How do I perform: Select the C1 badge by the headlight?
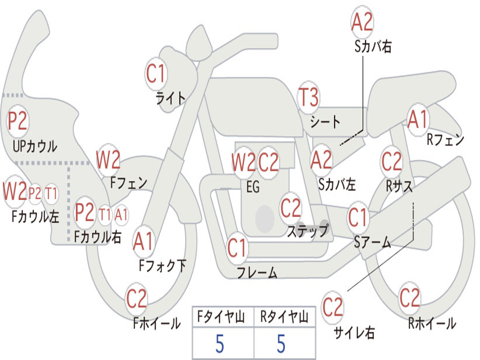pyautogui.click(x=157, y=74)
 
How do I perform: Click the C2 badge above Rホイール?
pyautogui.click(x=409, y=298)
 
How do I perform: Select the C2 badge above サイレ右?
pyautogui.click(x=333, y=307)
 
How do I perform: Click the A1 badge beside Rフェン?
pyautogui.click(x=418, y=120)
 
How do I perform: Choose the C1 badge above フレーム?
pyautogui.click(x=237, y=248)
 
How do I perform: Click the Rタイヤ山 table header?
pyautogui.click(x=284, y=318)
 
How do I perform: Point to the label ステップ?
pyautogui.click(x=307, y=231)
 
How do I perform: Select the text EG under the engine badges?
pyautogui.click(x=253, y=187)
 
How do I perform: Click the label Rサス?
pyautogui.click(x=399, y=186)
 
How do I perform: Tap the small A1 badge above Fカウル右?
pyautogui.click(x=121, y=215)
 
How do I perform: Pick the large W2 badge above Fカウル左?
pyautogui.click(x=15, y=191)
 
